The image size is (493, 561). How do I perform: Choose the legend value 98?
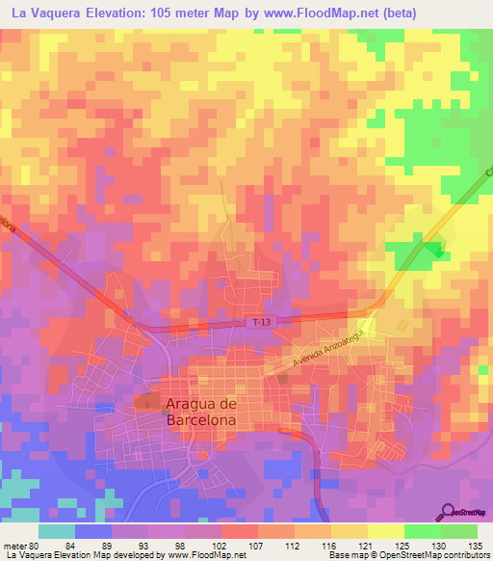[185, 546]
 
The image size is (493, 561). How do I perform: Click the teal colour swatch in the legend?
[57, 531]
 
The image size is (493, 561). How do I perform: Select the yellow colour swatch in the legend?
[386, 531]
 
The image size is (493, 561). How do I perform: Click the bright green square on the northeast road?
[437, 252]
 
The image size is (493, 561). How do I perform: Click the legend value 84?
[75, 546]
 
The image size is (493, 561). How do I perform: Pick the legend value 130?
[441, 546]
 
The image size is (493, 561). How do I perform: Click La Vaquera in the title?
[52, 14]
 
